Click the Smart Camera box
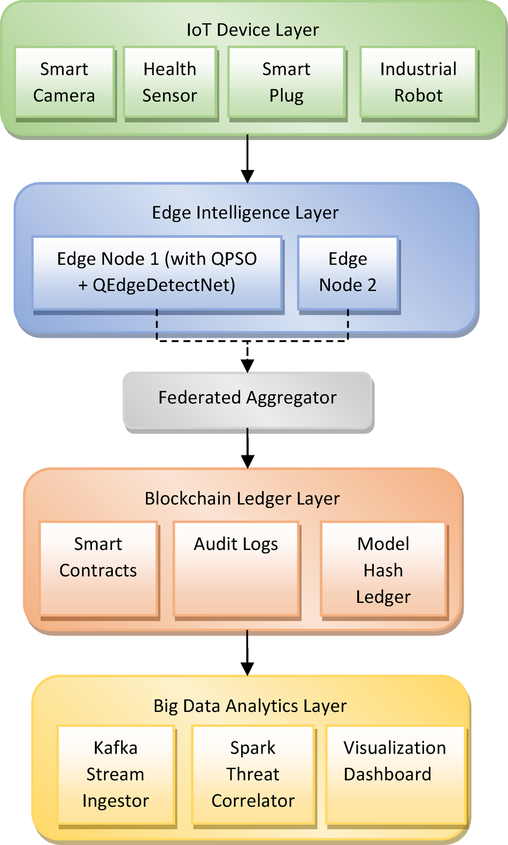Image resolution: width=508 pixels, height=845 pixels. pyautogui.click(x=64, y=82)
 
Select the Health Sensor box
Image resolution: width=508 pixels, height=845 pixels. pyautogui.click(x=170, y=82)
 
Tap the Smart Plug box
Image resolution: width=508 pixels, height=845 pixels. pyautogui.click(x=286, y=82)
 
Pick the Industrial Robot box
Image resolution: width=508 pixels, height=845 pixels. pyautogui.click(x=418, y=82)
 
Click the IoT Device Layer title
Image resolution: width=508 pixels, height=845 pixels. pyautogui.click(x=252, y=30)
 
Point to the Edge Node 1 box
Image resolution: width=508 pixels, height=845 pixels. pyautogui.click(x=157, y=272)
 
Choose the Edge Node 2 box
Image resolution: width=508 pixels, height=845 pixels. pyautogui.click(x=348, y=272)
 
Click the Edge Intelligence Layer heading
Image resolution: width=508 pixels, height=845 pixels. pyautogui.click(x=245, y=213)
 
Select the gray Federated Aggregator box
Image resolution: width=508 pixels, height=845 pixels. pyautogui.click(x=248, y=398)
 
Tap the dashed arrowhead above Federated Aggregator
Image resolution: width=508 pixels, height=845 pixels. pyautogui.click(x=248, y=366)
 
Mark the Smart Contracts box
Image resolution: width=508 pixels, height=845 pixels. pyautogui.click(x=98, y=569)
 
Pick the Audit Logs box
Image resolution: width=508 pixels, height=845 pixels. pyautogui.click(x=236, y=569)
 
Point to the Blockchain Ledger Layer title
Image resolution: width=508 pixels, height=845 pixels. pyautogui.click(x=242, y=499)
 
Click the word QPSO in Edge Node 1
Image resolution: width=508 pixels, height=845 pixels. pyautogui.click(x=234, y=259)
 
